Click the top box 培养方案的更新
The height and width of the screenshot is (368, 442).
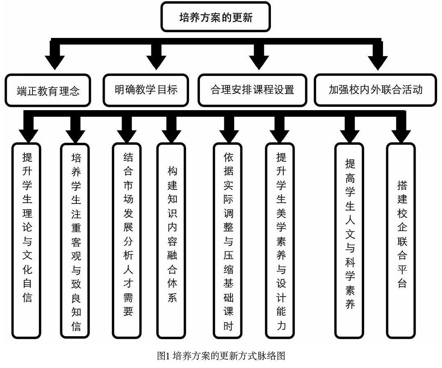(216, 17)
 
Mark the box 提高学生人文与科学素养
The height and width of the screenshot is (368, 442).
(350, 239)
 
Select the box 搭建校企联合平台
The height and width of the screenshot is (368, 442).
(401, 239)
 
